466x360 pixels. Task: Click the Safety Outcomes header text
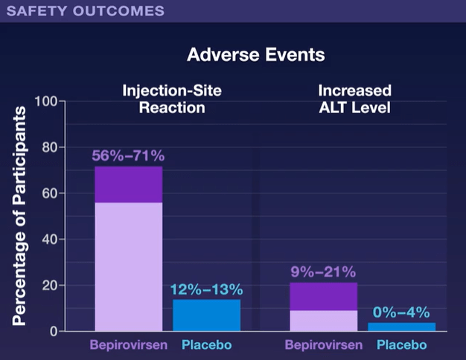pos(86,11)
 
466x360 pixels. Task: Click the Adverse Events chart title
pos(255,55)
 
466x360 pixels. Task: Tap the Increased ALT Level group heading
pos(355,98)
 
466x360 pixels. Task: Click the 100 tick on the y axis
pos(44,101)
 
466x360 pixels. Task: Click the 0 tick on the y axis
pos(52,331)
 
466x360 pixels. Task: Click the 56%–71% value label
pos(128,156)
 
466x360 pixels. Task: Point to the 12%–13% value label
pos(206,289)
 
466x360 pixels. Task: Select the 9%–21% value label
pos(323,272)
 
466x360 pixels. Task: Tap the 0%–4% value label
pos(401,312)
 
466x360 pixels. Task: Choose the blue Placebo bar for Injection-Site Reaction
pos(206,315)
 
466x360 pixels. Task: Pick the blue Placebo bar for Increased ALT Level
pos(401,327)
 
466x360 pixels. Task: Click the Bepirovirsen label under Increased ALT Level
pos(324,345)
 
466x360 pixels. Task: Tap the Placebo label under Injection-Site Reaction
pos(207,345)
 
